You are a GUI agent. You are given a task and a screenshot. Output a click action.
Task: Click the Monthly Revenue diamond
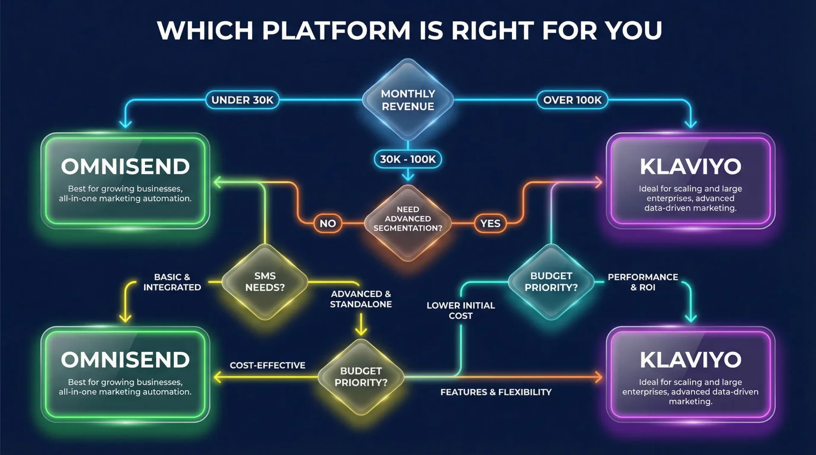[408, 100]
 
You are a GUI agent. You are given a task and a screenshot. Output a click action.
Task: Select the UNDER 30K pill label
[242, 100]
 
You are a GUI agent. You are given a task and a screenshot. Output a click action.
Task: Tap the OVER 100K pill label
[572, 100]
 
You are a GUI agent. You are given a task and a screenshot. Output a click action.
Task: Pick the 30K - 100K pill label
[408, 159]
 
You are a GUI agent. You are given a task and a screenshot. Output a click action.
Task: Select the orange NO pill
[328, 223]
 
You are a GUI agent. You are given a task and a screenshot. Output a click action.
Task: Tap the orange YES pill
[490, 223]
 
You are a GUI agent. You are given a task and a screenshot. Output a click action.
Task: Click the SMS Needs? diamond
[265, 282]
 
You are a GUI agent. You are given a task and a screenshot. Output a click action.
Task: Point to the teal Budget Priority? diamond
[551, 282]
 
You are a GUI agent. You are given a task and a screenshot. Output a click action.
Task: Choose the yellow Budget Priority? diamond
[361, 377]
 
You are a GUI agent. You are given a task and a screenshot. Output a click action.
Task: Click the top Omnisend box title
[125, 166]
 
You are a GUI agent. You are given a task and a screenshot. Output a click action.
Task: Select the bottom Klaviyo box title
[691, 360]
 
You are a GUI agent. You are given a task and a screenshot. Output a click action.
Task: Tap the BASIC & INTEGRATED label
[172, 282]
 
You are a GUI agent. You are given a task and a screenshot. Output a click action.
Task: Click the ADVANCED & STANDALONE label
[361, 299]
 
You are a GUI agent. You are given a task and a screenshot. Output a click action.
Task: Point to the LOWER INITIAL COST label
[461, 311]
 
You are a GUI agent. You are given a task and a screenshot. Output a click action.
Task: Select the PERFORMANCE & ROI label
[643, 282]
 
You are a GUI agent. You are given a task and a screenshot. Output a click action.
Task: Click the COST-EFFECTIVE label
[267, 365]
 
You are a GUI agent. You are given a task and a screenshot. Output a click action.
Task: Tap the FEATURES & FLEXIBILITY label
[496, 392]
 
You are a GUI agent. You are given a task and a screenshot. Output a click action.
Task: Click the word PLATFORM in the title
[336, 31]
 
